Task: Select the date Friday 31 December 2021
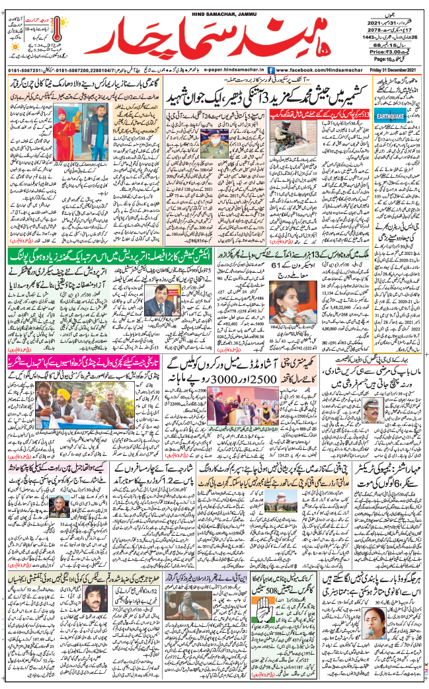(394, 69)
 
